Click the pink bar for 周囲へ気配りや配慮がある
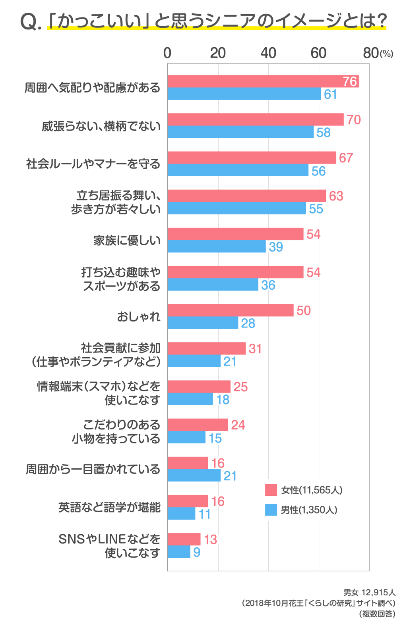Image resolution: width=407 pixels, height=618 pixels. tap(262, 81)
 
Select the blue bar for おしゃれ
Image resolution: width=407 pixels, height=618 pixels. tap(203, 323)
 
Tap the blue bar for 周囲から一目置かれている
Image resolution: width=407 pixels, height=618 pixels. tap(194, 476)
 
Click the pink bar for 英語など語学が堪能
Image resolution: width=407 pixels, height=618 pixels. tap(188, 501)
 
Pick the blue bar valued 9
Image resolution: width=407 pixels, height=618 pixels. tap(179, 552)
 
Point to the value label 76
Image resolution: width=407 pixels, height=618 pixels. tap(350, 81)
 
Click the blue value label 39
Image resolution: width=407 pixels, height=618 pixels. tap(276, 247)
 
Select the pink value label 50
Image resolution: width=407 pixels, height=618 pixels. tap(304, 310)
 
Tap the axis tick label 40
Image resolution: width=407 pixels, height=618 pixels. tap(268, 53)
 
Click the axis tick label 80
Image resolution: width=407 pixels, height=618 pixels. tap(370, 53)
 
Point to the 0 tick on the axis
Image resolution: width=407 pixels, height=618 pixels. tap(167, 53)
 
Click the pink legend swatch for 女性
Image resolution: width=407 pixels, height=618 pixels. tap(271, 490)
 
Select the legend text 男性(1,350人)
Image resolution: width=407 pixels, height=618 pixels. tap(309, 510)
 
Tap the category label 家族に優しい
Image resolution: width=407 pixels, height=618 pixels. tap(127, 240)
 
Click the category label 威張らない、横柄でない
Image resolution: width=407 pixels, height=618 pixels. tap(101, 126)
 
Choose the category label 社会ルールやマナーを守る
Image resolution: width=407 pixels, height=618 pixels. tap(93, 164)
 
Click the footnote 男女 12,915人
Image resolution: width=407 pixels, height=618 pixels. tap(369, 593)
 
